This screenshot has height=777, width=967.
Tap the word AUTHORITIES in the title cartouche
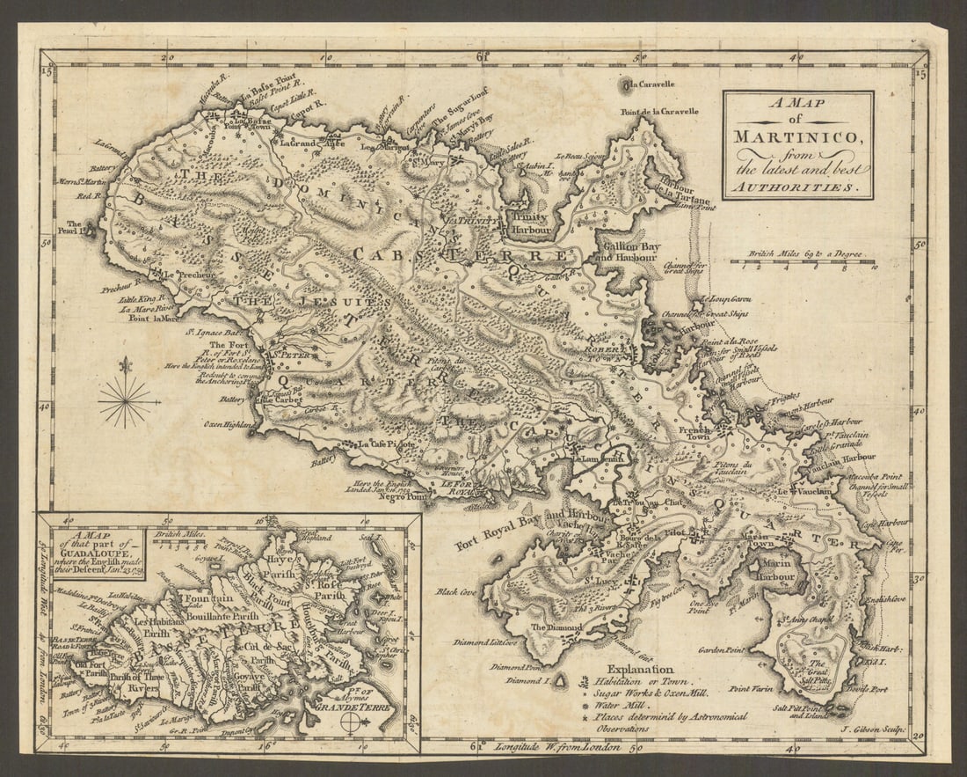(x=798, y=187)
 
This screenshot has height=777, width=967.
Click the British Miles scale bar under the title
(x=803, y=262)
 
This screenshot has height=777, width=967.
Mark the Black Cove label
(x=455, y=592)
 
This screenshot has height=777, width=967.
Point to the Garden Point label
(x=722, y=650)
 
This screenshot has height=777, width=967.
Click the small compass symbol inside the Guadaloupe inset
(x=351, y=723)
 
